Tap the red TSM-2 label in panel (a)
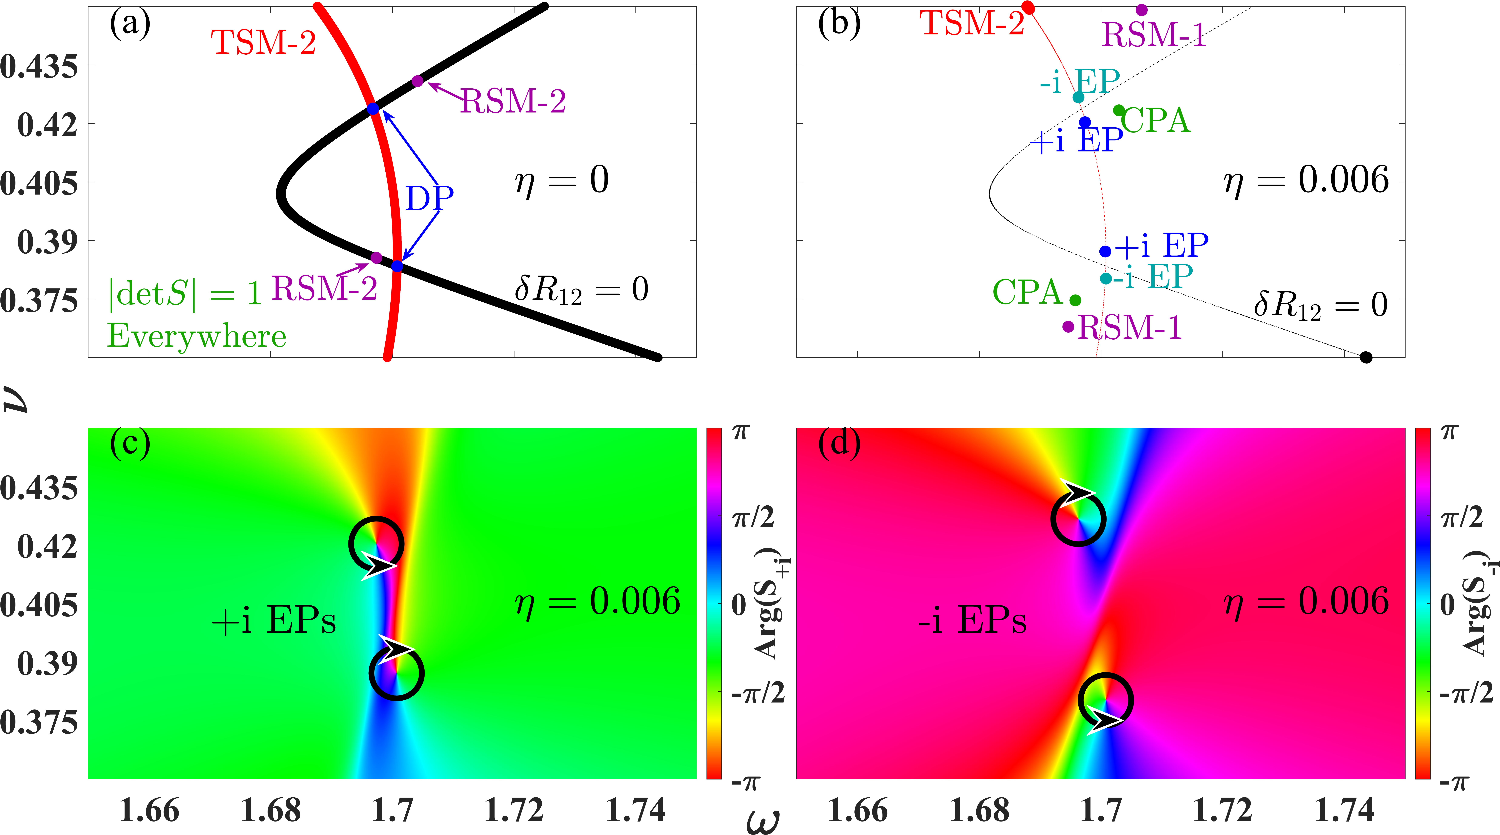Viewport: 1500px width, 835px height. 263,42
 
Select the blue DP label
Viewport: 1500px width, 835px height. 429,198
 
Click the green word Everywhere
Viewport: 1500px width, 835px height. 197,336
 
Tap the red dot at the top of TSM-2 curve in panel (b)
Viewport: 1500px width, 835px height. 1028,8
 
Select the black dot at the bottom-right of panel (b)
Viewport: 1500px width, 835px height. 1365,357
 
